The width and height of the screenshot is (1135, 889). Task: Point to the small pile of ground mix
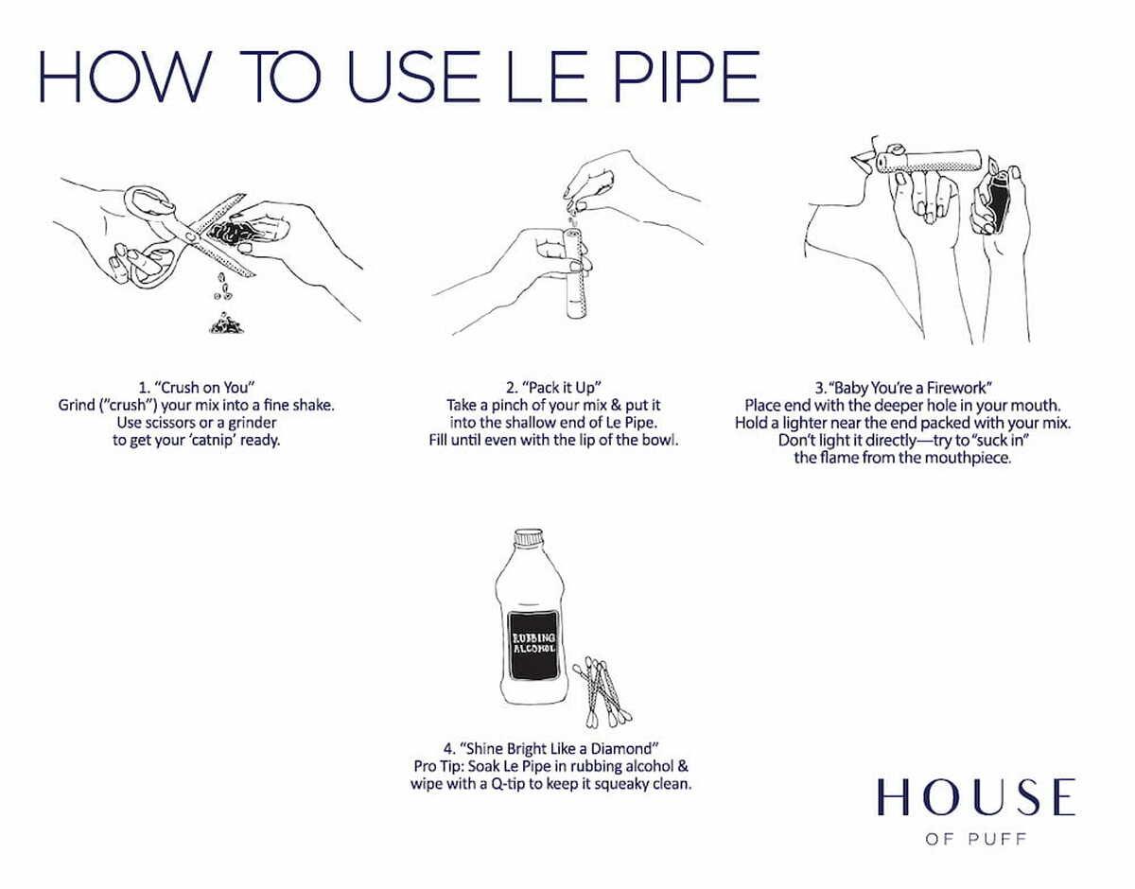tap(225, 323)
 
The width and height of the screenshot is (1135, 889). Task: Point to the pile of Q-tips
tap(602, 687)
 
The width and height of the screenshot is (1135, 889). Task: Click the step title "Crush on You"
tap(198, 388)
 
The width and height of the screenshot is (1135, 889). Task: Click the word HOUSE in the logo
tap(975, 798)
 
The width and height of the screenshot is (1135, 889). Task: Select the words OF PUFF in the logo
tap(975, 839)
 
